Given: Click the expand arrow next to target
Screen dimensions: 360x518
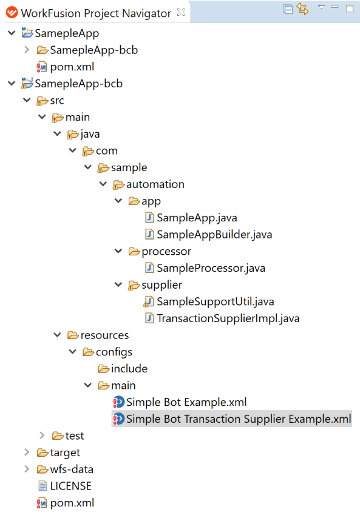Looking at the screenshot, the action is tap(27, 452).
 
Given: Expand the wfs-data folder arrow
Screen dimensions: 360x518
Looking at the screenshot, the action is tap(27, 469).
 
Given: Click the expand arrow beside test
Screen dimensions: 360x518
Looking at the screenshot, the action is tap(42, 436).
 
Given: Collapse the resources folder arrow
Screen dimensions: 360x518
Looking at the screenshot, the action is tap(57, 335).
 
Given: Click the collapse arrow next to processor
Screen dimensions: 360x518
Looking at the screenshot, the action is tap(118, 251).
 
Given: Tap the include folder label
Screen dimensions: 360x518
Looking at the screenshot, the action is tap(129, 369).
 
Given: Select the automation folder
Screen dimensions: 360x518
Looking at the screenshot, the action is tap(155, 184).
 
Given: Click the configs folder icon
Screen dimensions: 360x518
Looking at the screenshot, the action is tap(88, 352).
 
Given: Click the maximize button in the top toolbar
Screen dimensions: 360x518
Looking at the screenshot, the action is tap(350, 8).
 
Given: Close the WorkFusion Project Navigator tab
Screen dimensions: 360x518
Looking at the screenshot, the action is tap(181, 13).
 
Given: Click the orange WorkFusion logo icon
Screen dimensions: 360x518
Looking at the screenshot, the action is tap(12, 13).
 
